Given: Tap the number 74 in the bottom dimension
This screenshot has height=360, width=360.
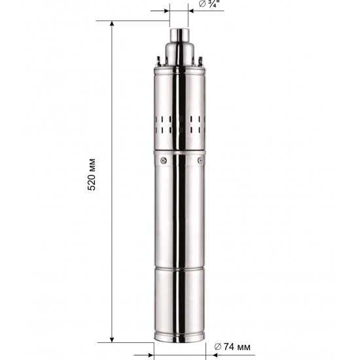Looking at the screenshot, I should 228,346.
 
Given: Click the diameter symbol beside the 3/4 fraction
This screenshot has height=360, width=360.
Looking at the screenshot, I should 202,5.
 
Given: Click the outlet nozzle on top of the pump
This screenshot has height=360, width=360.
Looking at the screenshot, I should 179,33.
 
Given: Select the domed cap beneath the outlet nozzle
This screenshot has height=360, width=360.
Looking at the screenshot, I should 179,52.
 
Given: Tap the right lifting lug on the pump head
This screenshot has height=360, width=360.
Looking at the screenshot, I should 200,62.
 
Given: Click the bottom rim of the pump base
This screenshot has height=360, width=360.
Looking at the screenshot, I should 180,340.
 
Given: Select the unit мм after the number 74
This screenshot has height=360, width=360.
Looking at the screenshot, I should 242,346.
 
